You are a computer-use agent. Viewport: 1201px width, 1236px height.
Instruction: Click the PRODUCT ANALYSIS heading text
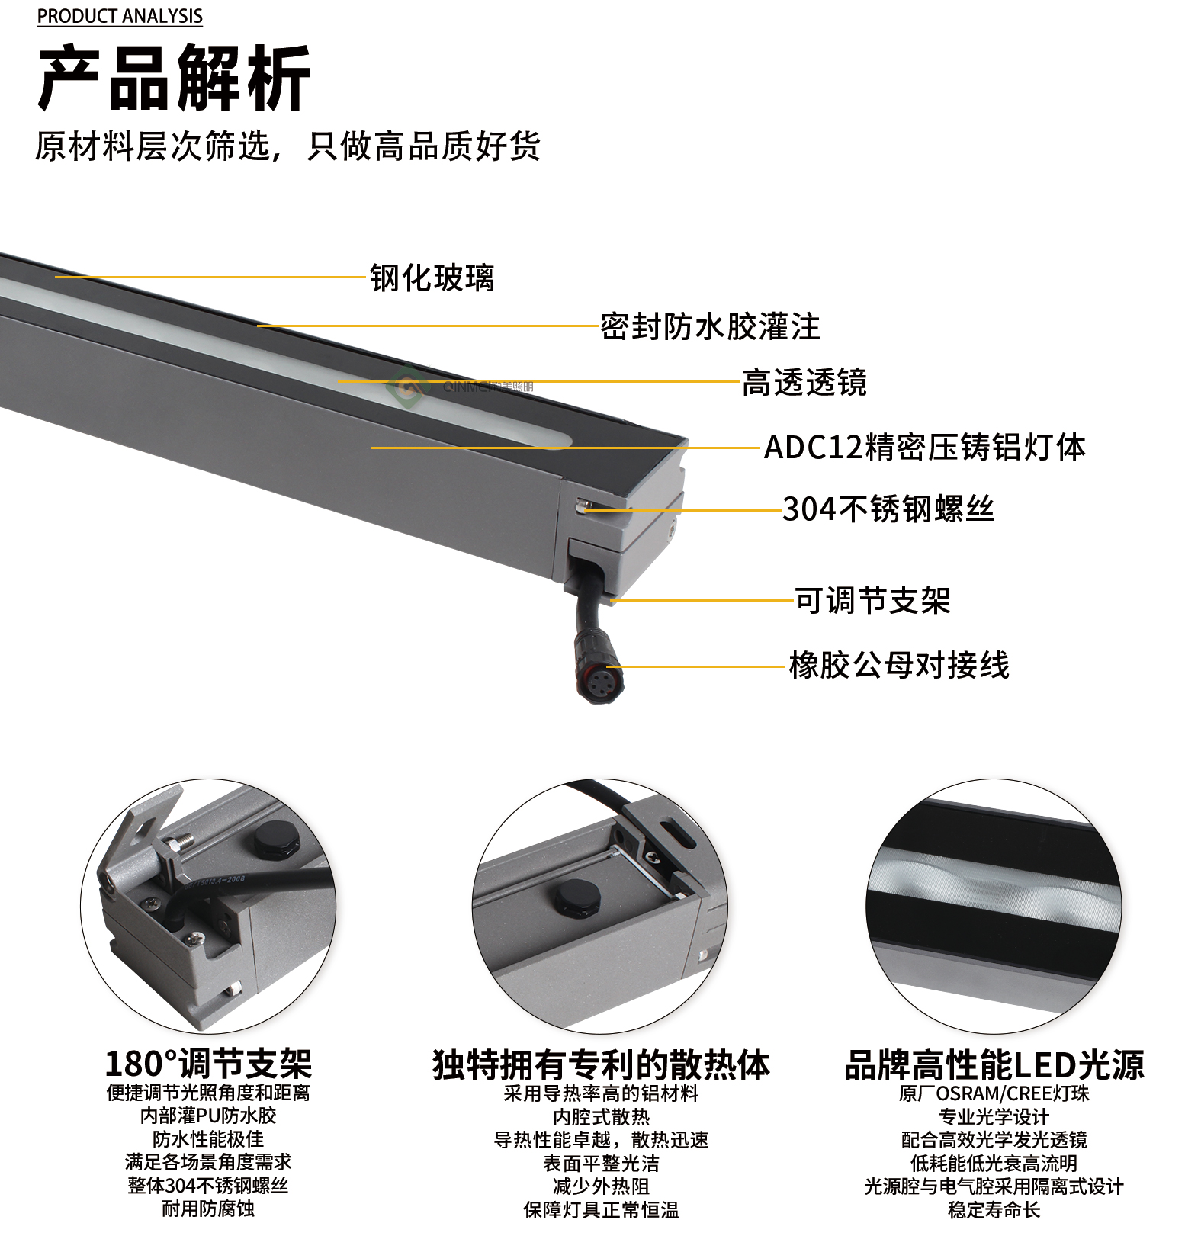(120, 16)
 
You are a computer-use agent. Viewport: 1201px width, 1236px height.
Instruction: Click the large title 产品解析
(174, 79)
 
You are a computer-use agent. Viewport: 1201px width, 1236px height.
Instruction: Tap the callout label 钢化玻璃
(432, 278)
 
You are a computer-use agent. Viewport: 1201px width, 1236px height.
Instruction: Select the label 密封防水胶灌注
(709, 327)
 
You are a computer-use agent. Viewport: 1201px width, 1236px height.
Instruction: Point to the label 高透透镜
(804, 383)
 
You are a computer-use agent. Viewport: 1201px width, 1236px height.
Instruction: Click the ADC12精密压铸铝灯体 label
(924, 448)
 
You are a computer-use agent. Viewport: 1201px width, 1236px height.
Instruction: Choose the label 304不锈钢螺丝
(888, 509)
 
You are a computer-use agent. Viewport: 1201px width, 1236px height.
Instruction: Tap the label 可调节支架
(872, 601)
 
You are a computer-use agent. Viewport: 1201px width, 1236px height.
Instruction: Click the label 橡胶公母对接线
(898, 666)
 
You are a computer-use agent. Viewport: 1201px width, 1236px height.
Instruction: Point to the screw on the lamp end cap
(582, 505)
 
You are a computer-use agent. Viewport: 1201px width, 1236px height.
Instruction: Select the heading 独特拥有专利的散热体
(601, 1065)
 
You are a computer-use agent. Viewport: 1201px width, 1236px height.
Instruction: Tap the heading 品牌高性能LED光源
(994, 1065)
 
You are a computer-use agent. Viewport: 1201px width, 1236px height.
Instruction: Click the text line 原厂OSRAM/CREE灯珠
(994, 1094)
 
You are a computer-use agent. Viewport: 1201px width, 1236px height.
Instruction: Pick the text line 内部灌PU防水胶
(208, 1116)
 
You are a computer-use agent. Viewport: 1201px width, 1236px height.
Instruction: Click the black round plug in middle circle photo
(576, 897)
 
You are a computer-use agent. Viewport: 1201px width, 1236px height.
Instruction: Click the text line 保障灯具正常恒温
(601, 1210)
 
